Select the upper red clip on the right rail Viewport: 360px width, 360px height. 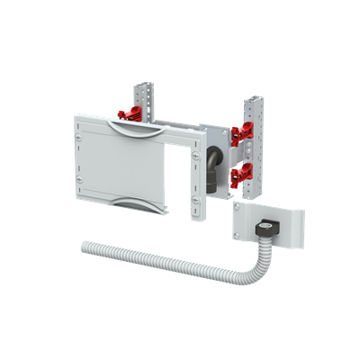tap(240, 133)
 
